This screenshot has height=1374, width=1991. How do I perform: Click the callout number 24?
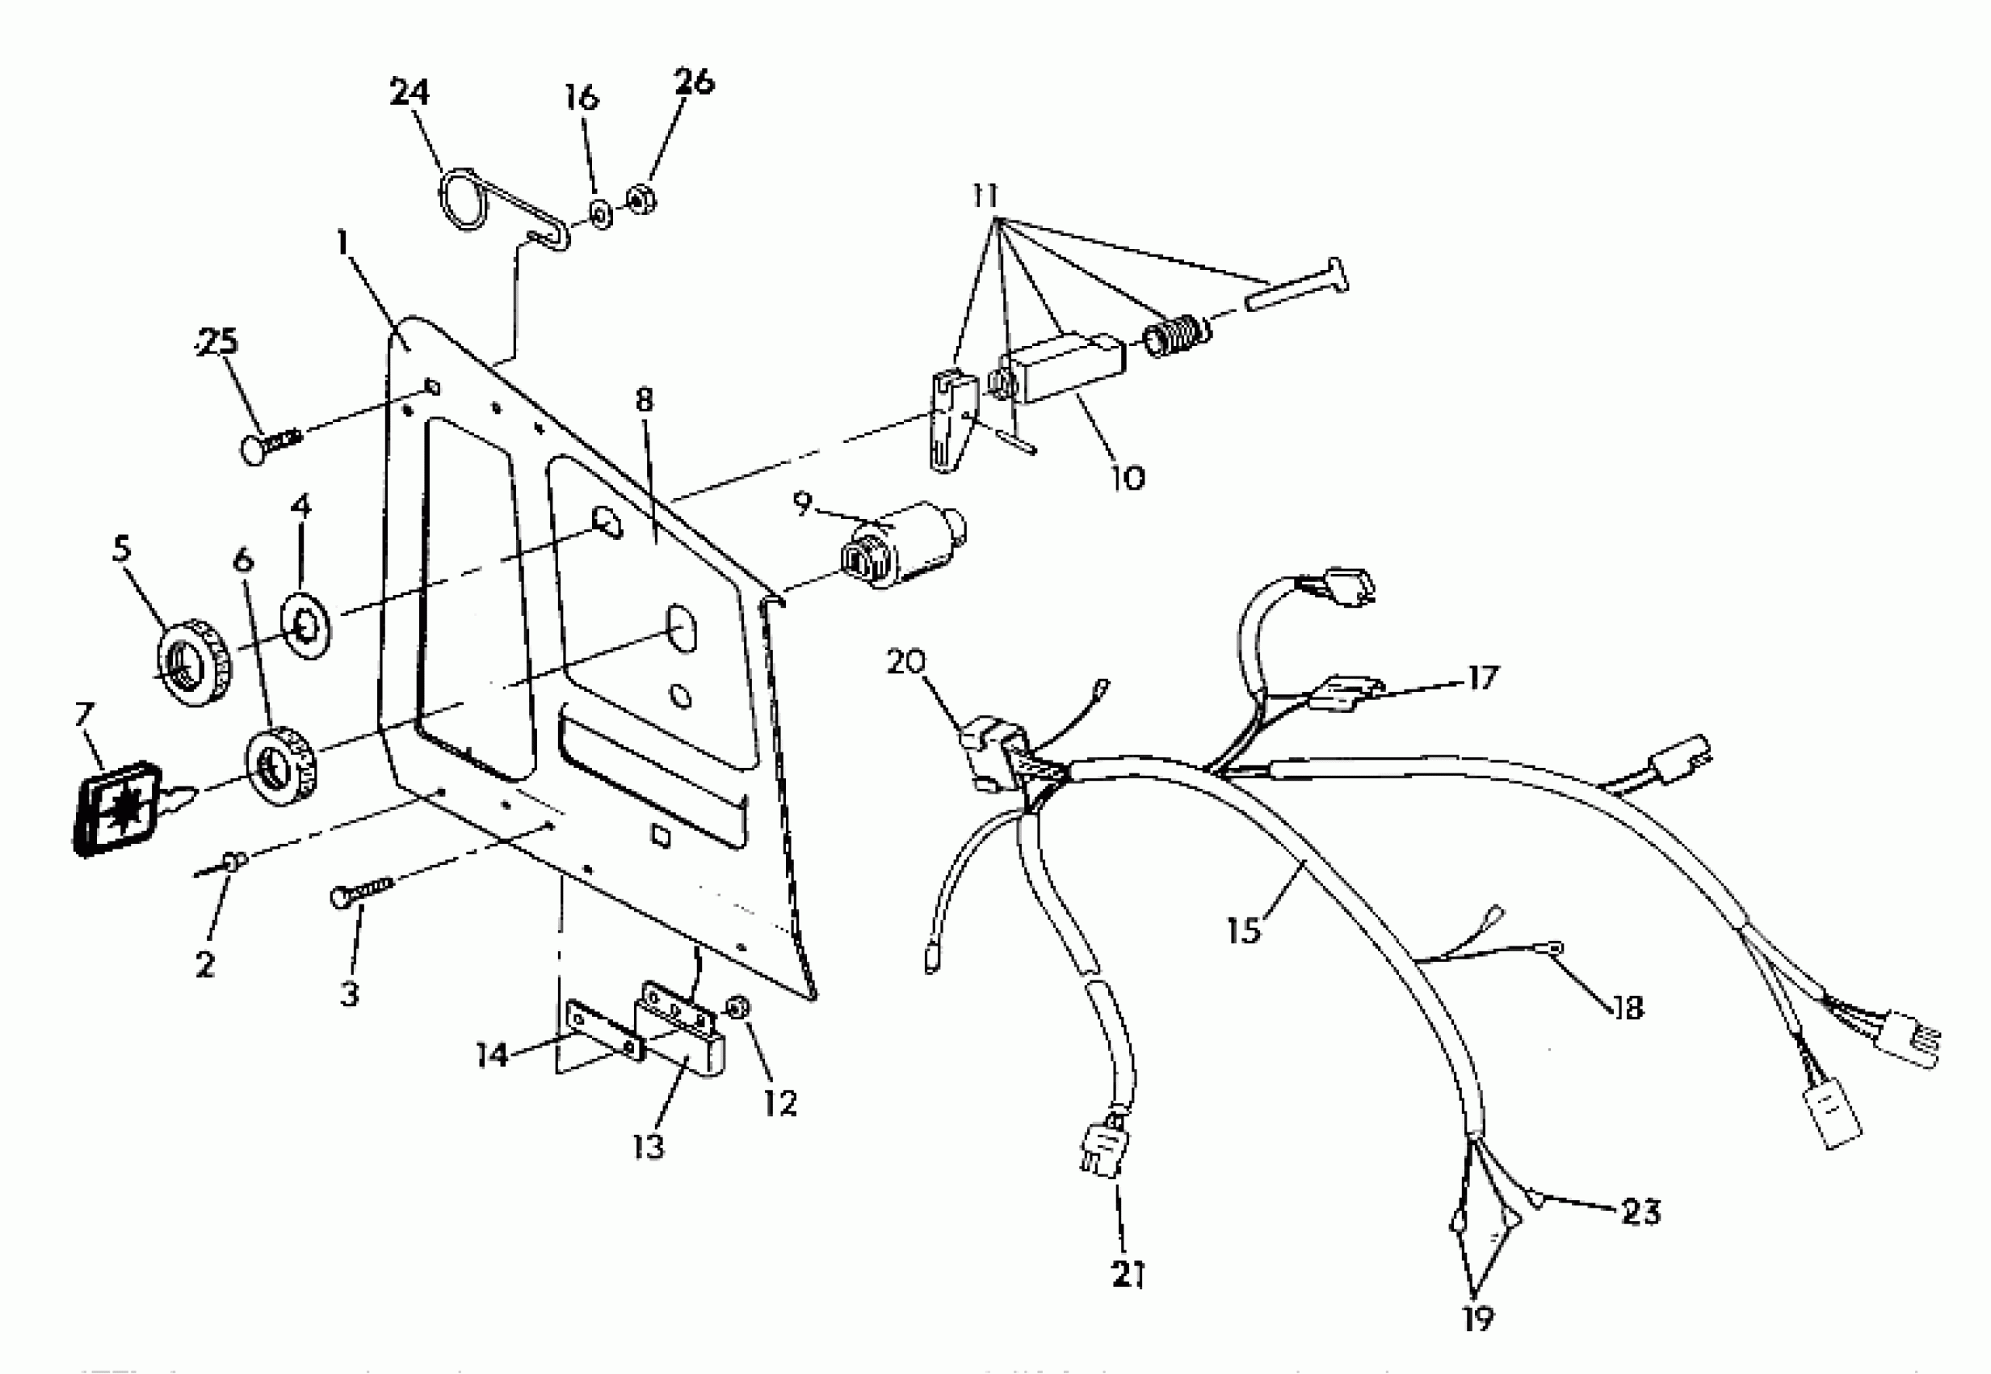[409, 92]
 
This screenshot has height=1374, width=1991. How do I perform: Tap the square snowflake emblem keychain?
[116, 808]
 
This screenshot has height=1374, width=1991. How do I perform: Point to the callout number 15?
[1243, 929]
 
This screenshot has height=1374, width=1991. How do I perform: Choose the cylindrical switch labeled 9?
[901, 547]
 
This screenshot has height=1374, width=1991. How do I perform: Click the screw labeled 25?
[269, 444]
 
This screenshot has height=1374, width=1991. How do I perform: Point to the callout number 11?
[985, 196]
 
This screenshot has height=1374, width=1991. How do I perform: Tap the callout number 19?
[1476, 1318]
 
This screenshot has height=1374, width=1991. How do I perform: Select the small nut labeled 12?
[737, 1006]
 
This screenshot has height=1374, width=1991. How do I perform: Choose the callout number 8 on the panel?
[645, 399]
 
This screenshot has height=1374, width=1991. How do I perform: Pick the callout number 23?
[1639, 1212]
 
